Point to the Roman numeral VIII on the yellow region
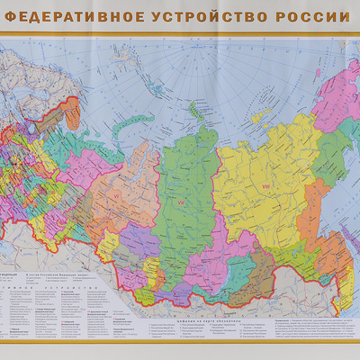pos(265,186)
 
